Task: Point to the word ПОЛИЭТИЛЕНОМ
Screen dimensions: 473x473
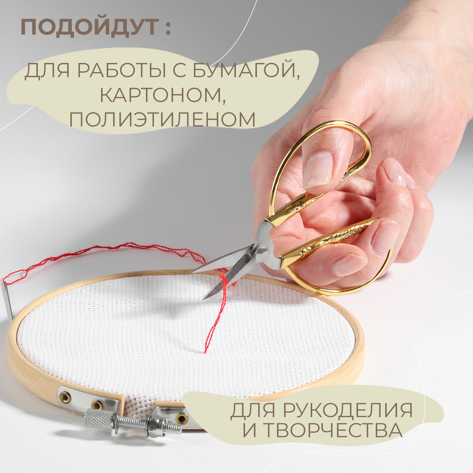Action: point(162,119)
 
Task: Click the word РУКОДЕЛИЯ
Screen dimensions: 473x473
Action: point(348,411)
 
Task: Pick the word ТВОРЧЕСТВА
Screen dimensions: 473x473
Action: point(333,430)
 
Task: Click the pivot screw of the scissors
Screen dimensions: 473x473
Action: point(262,253)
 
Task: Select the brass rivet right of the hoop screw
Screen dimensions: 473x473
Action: point(180,418)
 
